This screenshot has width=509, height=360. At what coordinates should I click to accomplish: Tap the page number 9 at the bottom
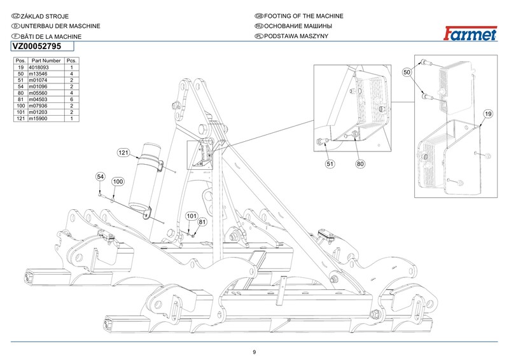tap(254, 352)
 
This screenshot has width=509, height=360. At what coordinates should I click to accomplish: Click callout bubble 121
tap(123, 153)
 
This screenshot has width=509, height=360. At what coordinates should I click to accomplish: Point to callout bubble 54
tap(100, 176)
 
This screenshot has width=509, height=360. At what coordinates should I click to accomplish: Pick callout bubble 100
tap(117, 182)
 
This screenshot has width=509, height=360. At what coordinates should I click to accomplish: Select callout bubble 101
tap(192, 216)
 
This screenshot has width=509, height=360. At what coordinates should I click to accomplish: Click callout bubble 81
tap(203, 222)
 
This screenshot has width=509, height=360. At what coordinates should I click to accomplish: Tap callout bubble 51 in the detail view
tap(330, 163)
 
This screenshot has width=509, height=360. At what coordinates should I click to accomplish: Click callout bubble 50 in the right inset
tap(408, 73)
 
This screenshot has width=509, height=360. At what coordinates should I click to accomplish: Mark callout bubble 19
tap(488, 113)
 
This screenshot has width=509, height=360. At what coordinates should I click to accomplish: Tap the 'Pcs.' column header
tap(72, 60)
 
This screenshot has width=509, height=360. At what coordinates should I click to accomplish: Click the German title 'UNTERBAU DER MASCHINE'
tap(53, 26)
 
